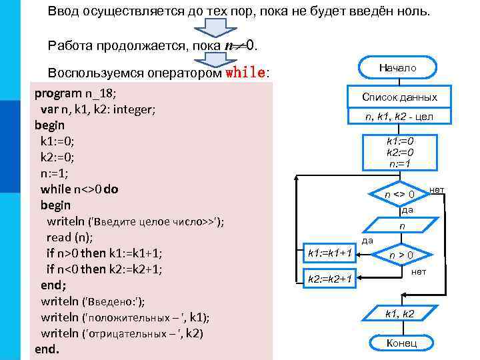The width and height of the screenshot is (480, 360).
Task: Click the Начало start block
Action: (398, 68)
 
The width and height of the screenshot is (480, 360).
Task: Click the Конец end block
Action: (401, 343)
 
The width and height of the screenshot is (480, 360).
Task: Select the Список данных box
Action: (399, 97)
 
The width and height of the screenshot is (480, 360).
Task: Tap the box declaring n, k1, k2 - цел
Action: (399, 117)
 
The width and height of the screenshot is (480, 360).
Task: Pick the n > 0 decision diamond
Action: (401, 254)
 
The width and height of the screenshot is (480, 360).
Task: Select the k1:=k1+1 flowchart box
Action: (329, 252)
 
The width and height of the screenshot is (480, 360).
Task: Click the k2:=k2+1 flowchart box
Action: (329, 277)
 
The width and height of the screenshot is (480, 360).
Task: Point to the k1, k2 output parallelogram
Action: (400, 313)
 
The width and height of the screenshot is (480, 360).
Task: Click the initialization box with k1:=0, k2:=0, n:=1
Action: (400, 152)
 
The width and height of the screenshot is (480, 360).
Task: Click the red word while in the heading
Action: (246, 72)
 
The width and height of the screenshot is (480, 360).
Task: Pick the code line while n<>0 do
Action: (79, 189)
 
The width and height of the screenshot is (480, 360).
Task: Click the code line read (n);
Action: (69, 237)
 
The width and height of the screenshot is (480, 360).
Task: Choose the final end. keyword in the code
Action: (47, 349)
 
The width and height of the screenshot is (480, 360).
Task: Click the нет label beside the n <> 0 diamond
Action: (437, 190)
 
